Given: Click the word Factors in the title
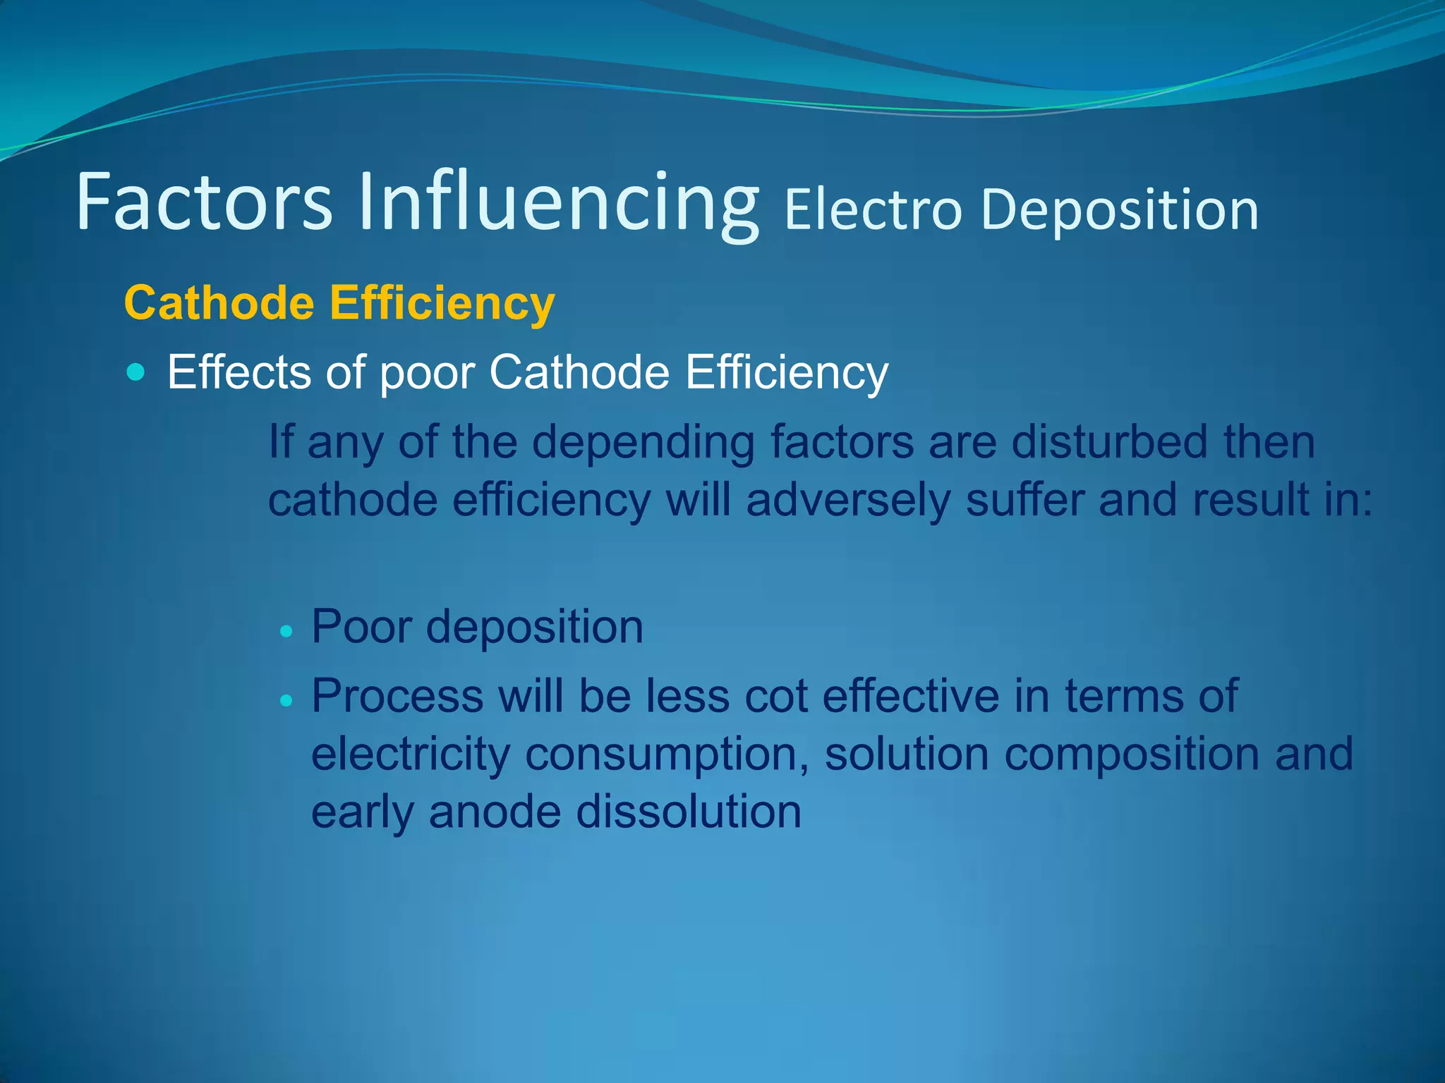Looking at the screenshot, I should tap(204, 203).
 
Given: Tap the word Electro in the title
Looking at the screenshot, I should tap(873, 210).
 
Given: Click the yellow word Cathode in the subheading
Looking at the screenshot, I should tap(219, 303).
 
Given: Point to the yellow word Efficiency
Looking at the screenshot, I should tap(442, 305).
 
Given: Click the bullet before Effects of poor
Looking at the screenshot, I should tap(135, 372).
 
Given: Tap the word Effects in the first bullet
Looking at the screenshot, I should tap(238, 372).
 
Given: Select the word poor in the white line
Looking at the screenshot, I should tap(427, 374).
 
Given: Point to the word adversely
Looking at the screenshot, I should tap(847, 501).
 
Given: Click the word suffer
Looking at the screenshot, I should tap(1024, 500).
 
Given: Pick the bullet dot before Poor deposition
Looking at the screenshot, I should tap(286, 631).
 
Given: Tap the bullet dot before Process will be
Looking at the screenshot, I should tap(286, 701).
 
